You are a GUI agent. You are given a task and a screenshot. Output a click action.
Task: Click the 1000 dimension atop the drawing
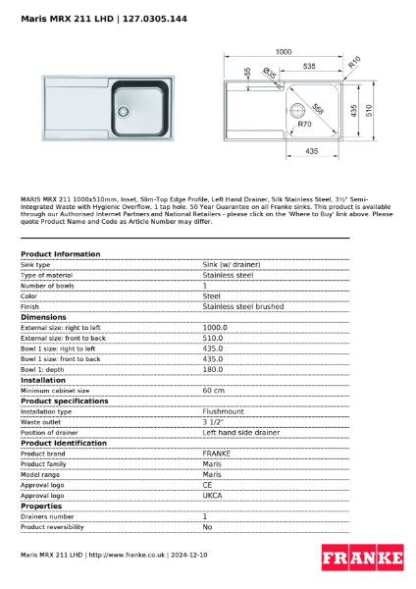(x=284, y=51)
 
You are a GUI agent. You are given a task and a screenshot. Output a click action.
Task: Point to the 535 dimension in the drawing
(x=308, y=66)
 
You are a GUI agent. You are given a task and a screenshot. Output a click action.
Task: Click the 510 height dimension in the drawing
(x=369, y=111)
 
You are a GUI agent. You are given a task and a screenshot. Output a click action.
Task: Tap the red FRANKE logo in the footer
(x=362, y=560)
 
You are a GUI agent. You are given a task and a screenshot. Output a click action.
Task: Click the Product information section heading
(x=60, y=254)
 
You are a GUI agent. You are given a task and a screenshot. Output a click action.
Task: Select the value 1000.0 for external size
(x=215, y=328)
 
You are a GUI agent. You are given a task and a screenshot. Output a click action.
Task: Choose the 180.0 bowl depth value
(x=213, y=369)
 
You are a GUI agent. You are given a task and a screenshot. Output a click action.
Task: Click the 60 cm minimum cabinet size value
(x=213, y=391)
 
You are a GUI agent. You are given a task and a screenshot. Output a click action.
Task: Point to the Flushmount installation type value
(x=224, y=411)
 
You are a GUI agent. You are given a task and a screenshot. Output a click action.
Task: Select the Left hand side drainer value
(x=240, y=432)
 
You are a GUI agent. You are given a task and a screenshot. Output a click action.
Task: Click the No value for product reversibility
(x=207, y=526)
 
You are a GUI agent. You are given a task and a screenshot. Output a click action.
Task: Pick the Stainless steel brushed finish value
(x=242, y=306)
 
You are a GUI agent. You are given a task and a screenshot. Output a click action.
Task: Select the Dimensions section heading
(x=43, y=317)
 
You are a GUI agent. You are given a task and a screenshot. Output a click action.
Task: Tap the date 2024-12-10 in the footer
(x=187, y=556)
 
